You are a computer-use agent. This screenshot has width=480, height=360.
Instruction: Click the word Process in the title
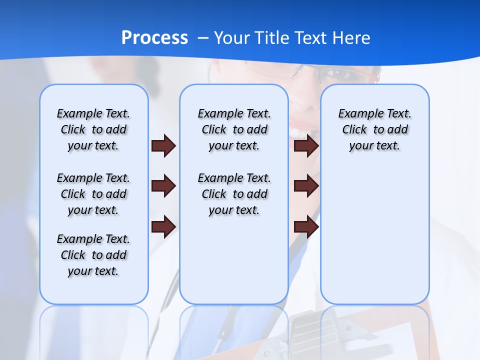coord(154,37)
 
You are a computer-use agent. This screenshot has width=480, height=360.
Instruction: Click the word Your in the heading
coord(232,37)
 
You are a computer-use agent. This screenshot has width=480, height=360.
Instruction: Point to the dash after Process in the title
coord(203,38)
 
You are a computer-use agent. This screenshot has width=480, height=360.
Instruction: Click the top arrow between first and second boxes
coord(163,146)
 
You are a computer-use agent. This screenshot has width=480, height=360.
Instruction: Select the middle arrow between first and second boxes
coord(163,186)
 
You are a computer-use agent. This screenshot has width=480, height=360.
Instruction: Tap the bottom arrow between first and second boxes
coord(163,227)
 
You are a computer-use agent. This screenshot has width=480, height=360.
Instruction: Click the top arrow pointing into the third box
coord(306,146)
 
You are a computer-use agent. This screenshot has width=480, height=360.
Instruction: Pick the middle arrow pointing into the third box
coord(306,186)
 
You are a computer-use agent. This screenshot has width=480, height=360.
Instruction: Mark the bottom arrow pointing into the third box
coord(306,227)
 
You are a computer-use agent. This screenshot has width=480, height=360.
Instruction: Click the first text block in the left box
coord(93,129)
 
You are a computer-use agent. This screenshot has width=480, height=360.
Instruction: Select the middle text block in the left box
coord(93,194)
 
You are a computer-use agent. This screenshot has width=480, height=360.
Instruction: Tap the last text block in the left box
coord(93,255)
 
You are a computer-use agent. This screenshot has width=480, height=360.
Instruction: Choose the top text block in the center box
coord(234,129)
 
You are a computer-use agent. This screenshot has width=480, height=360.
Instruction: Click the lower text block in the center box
coord(234,194)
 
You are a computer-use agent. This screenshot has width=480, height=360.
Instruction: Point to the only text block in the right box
coord(375,129)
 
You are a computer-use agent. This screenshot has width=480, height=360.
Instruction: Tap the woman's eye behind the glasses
coord(336,74)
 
